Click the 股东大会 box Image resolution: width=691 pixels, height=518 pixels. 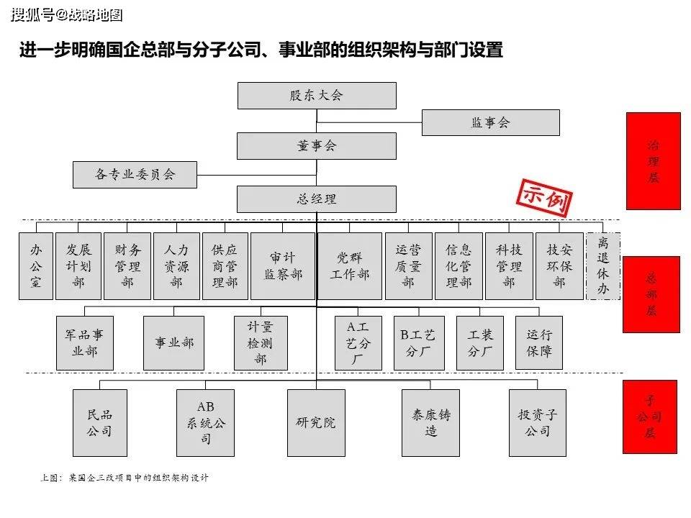point(317,96)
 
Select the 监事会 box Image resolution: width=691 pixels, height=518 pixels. point(490,122)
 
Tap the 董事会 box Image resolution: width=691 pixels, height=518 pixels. point(317,146)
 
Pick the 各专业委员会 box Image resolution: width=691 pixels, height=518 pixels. point(135,174)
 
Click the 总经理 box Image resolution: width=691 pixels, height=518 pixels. point(317,199)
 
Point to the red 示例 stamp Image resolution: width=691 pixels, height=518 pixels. point(545,198)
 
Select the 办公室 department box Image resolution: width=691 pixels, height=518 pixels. point(36,266)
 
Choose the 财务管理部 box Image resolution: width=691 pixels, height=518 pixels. point(127,266)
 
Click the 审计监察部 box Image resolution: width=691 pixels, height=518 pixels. point(283,266)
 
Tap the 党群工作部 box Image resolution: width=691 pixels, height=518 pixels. point(350,266)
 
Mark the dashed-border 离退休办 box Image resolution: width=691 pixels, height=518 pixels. point(603,266)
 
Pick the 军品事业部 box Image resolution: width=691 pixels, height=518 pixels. point(85,342)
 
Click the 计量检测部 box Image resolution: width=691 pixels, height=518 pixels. point(261,342)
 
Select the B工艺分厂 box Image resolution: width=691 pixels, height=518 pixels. point(419,342)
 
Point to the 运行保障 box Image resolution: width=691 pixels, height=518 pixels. point(539,342)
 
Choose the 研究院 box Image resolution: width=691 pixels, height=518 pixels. point(316,423)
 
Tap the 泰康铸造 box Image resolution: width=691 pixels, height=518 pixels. point(430,423)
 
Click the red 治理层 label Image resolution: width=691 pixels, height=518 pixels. point(654,161)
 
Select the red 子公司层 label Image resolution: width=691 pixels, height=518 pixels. point(649,417)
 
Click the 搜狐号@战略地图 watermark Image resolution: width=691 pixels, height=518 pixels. point(66,15)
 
